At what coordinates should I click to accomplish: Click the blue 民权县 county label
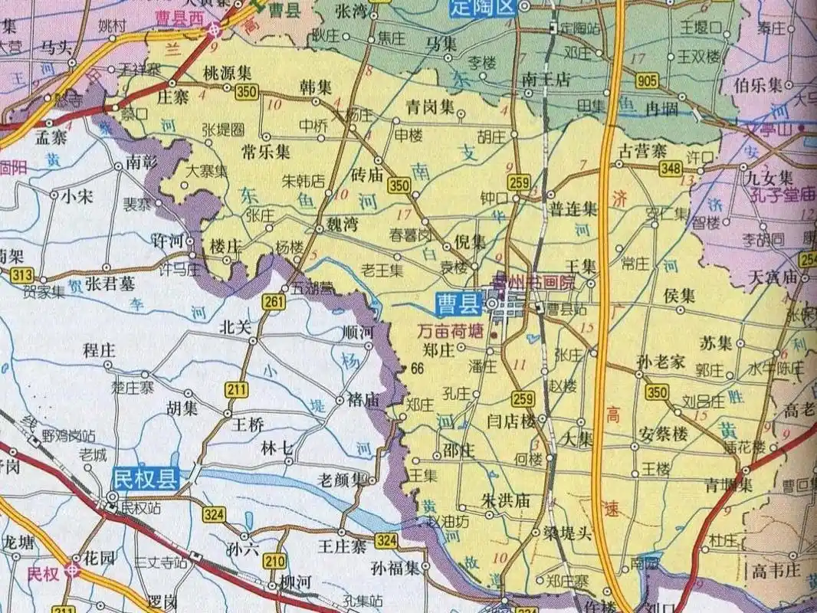(x=146, y=479)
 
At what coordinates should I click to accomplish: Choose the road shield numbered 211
(x=237, y=390)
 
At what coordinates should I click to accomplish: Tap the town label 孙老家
(x=661, y=362)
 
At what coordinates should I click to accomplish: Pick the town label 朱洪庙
(x=505, y=498)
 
